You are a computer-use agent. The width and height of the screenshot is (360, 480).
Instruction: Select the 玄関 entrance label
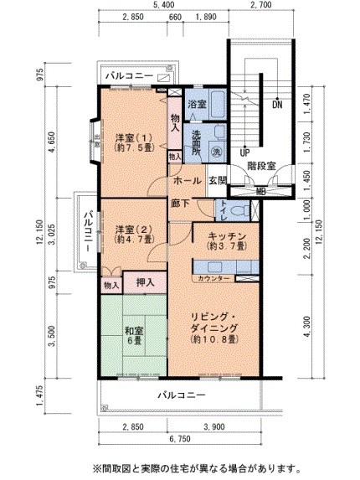(x=217, y=181)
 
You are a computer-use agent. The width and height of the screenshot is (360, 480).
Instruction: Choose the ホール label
(x=187, y=181)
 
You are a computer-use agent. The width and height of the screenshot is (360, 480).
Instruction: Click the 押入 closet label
(x=144, y=283)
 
